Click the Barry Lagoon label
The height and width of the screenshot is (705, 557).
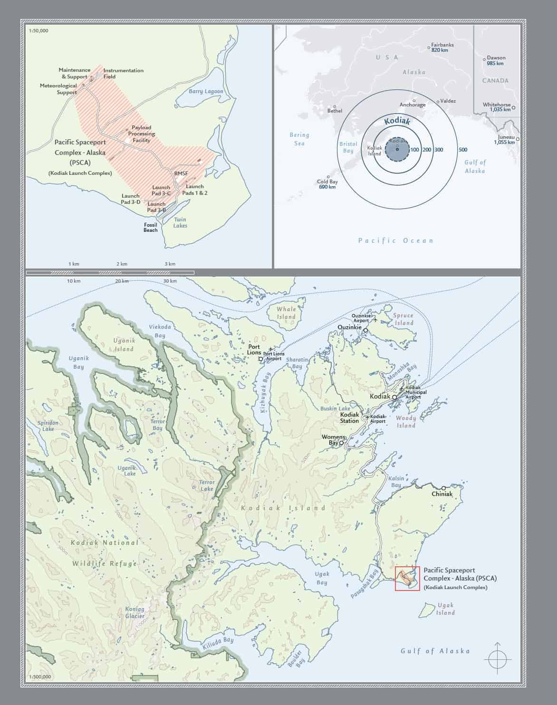click(x=206, y=91)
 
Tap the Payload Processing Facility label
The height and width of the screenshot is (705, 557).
click(x=142, y=134)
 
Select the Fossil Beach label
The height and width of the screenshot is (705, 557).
click(x=151, y=228)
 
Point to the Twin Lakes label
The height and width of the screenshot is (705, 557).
click(x=180, y=222)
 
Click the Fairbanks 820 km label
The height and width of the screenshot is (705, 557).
click(x=442, y=48)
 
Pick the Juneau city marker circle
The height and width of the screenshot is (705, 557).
click(x=518, y=139)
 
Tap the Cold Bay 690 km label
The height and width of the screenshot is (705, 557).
click(x=327, y=184)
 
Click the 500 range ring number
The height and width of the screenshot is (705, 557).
click(x=463, y=150)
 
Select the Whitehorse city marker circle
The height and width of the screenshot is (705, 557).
click(x=514, y=108)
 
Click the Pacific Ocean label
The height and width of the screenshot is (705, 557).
click(x=395, y=240)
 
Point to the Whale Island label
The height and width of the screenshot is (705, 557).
click(x=287, y=313)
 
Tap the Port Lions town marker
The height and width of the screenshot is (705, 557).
click(x=261, y=359)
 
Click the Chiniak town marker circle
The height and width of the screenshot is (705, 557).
click(x=443, y=488)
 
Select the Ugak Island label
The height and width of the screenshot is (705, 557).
click(x=445, y=609)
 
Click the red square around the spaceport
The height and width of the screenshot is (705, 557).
click(x=407, y=578)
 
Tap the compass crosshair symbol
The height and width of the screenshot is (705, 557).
click(x=498, y=659)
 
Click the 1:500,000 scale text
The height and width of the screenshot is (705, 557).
click(x=40, y=677)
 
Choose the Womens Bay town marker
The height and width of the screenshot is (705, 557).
click(x=341, y=443)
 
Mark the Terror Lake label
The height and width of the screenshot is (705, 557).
click(x=207, y=485)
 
